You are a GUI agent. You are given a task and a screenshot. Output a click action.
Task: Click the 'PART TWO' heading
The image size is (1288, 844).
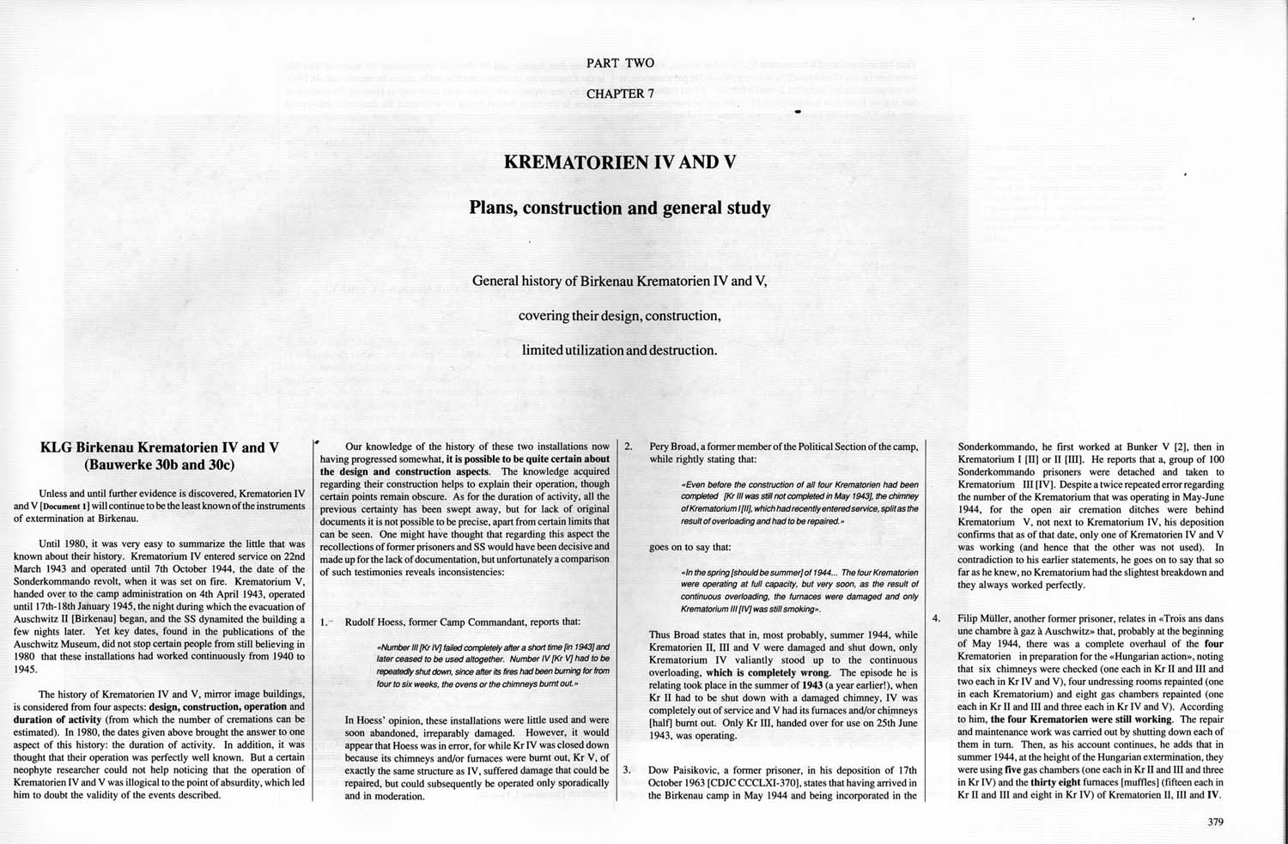point(619,63)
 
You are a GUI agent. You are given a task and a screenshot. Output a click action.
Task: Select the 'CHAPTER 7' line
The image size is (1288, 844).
point(620,94)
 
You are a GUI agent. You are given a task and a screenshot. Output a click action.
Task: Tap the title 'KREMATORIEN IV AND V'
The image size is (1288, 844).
point(619,161)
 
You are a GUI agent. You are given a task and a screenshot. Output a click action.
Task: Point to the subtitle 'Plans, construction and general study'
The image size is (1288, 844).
point(619,208)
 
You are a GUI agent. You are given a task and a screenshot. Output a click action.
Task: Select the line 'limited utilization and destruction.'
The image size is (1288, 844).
point(619,350)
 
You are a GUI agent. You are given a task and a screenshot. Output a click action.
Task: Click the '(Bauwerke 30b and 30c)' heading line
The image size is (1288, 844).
point(161,465)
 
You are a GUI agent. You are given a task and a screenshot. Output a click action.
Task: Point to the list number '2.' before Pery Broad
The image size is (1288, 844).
point(629,446)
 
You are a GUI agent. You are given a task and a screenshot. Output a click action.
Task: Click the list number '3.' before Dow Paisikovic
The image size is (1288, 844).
point(628,769)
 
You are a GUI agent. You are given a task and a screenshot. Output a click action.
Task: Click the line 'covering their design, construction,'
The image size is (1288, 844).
point(619,316)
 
